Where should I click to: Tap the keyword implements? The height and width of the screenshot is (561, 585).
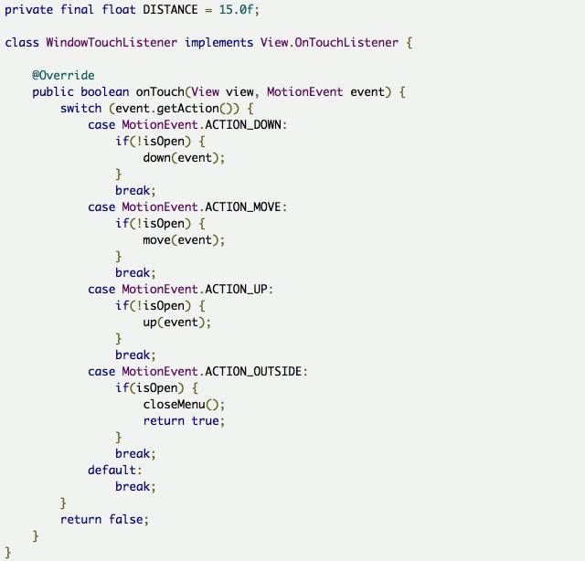[218, 43]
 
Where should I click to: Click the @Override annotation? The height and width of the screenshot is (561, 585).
[63, 76]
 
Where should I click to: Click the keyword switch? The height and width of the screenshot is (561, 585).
[80, 109]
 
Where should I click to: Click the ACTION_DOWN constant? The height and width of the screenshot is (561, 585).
[246, 125]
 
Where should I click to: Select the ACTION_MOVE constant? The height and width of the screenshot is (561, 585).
[246, 207]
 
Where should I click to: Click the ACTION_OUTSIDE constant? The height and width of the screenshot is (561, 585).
[256, 372]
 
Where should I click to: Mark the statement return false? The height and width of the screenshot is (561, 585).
[101, 520]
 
